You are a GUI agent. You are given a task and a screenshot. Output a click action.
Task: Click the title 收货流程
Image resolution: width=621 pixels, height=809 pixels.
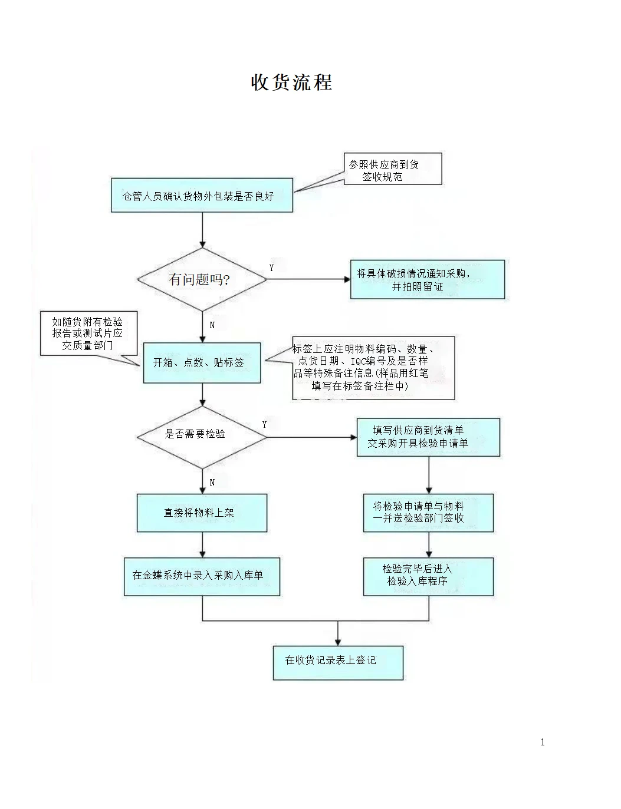click(x=291, y=82)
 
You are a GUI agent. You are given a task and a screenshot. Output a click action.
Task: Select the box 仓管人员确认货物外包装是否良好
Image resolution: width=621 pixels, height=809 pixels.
click(x=202, y=196)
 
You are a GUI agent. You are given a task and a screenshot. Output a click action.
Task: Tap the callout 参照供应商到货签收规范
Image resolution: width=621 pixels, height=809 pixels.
click(x=392, y=170)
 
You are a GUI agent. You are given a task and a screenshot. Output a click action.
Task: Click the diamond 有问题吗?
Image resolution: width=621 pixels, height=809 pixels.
click(x=202, y=279)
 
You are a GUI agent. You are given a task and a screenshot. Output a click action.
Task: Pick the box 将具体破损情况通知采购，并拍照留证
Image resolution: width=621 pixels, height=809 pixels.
click(x=427, y=280)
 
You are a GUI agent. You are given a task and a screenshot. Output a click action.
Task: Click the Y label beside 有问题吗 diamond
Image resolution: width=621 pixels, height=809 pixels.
click(x=271, y=268)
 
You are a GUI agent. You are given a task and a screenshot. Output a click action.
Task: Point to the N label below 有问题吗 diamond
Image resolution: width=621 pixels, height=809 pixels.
click(x=212, y=325)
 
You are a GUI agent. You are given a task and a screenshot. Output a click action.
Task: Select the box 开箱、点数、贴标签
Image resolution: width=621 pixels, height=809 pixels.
click(x=202, y=363)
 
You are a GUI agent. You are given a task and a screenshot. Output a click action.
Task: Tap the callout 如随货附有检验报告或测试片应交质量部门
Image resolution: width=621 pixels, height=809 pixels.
click(x=88, y=333)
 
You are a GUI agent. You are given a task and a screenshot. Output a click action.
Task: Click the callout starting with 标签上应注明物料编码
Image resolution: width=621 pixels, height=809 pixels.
click(x=373, y=367)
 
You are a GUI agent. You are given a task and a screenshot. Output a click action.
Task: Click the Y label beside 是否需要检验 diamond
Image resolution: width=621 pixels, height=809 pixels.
click(x=264, y=425)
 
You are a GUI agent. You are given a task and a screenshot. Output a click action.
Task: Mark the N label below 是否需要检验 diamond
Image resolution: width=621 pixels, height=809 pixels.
click(x=212, y=483)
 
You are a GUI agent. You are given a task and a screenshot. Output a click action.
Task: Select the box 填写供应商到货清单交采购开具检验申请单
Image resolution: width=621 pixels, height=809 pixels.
click(x=428, y=437)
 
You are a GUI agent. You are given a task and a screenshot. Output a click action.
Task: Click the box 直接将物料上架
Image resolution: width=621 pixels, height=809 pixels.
click(x=202, y=513)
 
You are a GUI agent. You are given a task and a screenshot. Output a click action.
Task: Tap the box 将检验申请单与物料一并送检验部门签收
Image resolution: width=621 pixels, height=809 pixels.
click(x=428, y=513)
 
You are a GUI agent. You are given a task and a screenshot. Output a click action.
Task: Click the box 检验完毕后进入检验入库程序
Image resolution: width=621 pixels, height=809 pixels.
click(x=428, y=576)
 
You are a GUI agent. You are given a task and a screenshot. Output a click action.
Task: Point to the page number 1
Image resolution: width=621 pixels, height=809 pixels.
click(x=543, y=742)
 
